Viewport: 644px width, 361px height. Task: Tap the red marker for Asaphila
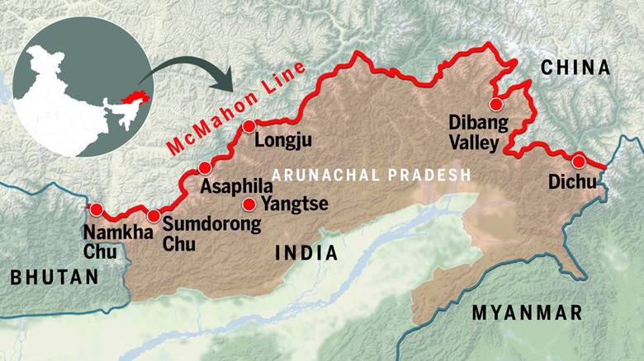point(205,169)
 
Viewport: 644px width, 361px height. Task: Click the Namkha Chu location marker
point(97,209)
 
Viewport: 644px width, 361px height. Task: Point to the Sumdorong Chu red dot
point(154,216)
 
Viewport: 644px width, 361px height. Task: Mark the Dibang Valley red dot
point(495,105)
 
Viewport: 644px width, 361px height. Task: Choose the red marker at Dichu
point(579,161)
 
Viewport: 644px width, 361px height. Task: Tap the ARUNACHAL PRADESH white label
point(371,175)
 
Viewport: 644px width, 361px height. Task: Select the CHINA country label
point(575,68)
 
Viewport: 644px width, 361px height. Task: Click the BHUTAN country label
point(54,278)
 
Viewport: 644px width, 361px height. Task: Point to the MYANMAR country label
point(527,312)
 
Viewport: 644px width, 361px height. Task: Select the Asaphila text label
point(237,186)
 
